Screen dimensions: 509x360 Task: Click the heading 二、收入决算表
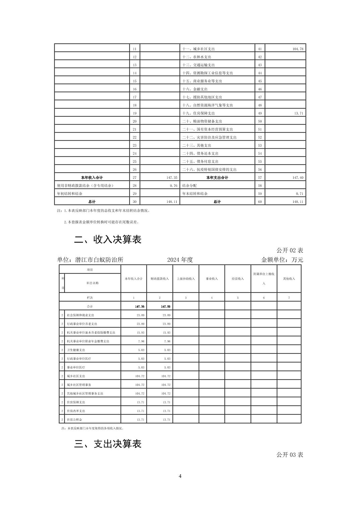108,239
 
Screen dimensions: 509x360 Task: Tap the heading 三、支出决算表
108,444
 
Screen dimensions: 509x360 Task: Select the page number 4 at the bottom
180,476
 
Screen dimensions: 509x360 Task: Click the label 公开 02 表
290,250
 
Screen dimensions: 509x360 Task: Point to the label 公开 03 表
290,454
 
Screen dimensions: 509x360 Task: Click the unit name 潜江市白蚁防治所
100,260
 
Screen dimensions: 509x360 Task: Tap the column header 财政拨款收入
160,279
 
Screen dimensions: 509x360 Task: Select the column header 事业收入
212,279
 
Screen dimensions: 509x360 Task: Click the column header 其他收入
289,279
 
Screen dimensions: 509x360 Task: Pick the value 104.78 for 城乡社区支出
298,49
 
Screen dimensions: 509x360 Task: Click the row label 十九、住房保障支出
198,113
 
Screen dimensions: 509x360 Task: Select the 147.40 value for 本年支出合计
298,177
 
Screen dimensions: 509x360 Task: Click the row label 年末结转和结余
194,194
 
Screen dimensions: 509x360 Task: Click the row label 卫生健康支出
76,350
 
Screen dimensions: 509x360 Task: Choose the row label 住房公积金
74,420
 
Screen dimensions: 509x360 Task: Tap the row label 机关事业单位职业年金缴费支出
88,341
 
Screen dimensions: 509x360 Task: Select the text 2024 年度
180,260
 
